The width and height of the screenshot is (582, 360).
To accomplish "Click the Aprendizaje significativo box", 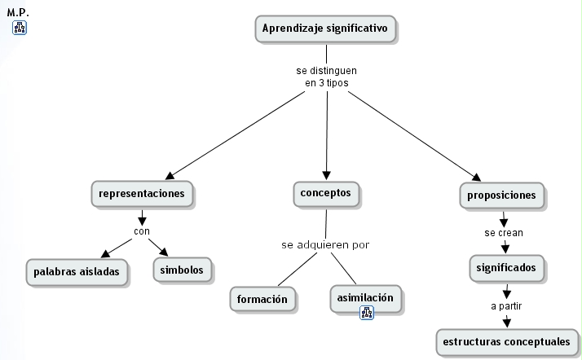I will [326, 29].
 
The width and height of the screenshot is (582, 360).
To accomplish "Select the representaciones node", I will [142, 195].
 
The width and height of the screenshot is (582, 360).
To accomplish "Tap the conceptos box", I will [325, 194].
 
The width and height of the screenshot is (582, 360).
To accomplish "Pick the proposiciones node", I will [501, 195].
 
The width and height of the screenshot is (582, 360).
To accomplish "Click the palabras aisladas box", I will [77, 270].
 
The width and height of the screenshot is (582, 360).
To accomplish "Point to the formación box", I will [262, 299].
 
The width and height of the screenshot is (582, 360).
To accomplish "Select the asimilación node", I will [365, 297].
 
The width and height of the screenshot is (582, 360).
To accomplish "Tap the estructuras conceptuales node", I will [508, 341].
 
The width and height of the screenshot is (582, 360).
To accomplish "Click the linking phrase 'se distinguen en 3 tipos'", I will [326, 77].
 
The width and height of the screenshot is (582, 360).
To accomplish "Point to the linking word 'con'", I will [142, 230].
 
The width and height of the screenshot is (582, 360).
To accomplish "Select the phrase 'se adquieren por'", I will [325, 244].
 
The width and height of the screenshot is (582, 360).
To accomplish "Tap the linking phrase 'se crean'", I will [504, 232].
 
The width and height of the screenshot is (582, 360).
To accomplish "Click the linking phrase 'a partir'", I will [506, 305].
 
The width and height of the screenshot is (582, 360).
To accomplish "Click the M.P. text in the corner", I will [18, 13].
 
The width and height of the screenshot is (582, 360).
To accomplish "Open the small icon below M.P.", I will [20, 29].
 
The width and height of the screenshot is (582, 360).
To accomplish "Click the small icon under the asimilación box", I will [367, 312].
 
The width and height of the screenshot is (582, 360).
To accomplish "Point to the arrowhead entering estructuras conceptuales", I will [507, 323].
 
